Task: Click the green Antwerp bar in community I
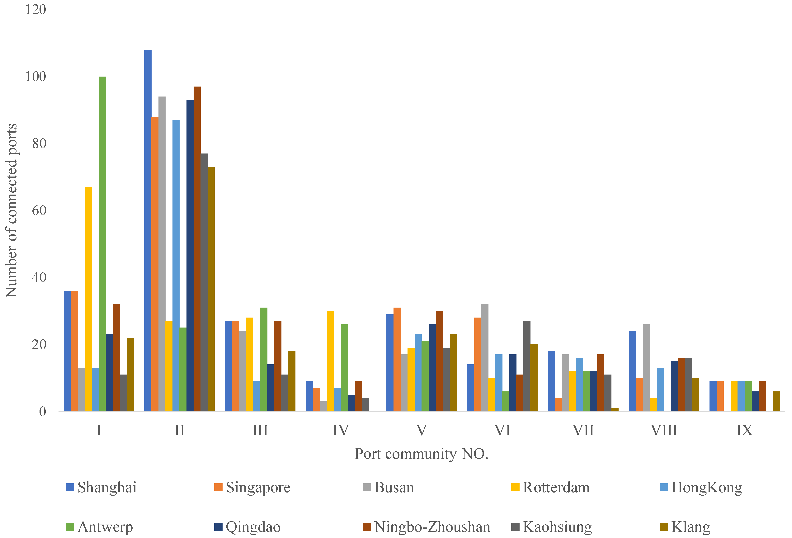tap(102, 244)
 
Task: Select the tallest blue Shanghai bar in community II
tap(148, 230)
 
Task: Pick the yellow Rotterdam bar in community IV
tap(330, 361)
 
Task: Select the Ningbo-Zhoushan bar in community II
tap(197, 249)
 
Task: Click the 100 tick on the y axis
tap(35, 76)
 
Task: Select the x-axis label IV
tap(341, 430)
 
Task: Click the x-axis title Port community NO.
tap(422, 454)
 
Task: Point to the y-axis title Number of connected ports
tap(11, 210)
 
